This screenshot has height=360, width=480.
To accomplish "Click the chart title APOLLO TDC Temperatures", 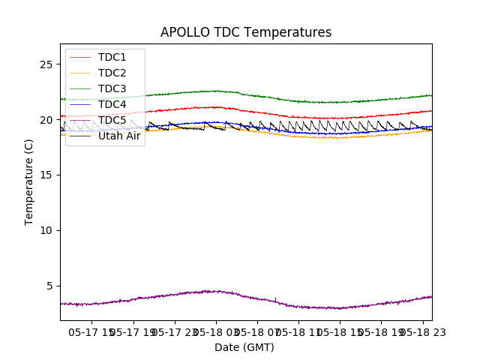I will pyautogui.click(x=246, y=32).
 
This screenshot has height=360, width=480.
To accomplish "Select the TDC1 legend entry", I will pyautogui.click(x=112, y=57).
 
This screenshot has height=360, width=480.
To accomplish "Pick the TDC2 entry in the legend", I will pyautogui.click(x=112, y=73).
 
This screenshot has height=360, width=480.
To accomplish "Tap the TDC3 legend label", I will pyautogui.click(x=112, y=88).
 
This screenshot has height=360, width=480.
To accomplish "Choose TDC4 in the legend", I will pyautogui.click(x=112, y=104).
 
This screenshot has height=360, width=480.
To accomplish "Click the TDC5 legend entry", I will pyautogui.click(x=112, y=120).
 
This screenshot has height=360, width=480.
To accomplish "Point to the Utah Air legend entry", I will pyautogui.click(x=119, y=136).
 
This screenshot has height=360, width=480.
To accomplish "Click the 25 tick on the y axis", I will pyautogui.click(x=46, y=64).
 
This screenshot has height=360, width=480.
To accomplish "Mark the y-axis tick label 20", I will pyautogui.click(x=46, y=120).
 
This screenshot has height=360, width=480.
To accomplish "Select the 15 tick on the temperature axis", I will pyautogui.click(x=46, y=175).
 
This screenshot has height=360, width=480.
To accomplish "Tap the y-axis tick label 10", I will pyautogui.click(x=46, y=230).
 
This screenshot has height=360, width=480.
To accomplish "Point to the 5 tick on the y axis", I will pyautogui.click(x=49, y=286).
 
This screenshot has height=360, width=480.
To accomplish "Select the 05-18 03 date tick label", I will pyautogui.click(x=217, y=332).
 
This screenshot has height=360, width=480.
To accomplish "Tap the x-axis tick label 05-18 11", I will pyautogui.click(x=298, y=332).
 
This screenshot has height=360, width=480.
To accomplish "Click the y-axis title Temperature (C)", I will pyautogui.click(x=29, y=181).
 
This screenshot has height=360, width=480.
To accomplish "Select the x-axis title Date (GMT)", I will pyautogui.click(x=244, y=347).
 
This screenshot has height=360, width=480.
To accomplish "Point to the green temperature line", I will pyautogui.click(x=300, y=101).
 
